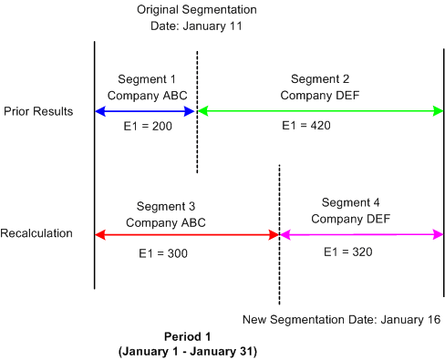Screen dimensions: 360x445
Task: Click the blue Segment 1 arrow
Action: [146, 111]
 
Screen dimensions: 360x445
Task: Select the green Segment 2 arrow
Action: [319, 111]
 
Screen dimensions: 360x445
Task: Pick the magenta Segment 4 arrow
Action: [361, 234]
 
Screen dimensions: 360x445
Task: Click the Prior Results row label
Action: [40, 110]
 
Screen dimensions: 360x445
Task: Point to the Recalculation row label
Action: [37, 233]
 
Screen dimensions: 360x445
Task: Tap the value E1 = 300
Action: [166, 252]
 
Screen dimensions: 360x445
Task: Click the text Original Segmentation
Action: [197, 9]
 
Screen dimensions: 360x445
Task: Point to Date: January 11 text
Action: [197, 26]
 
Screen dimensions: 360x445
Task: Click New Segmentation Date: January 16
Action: [342, 319]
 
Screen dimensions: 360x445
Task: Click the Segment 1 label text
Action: [146, 78]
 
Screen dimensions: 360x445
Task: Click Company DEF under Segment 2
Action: [316, 95]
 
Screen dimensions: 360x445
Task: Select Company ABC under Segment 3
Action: [166, 221]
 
